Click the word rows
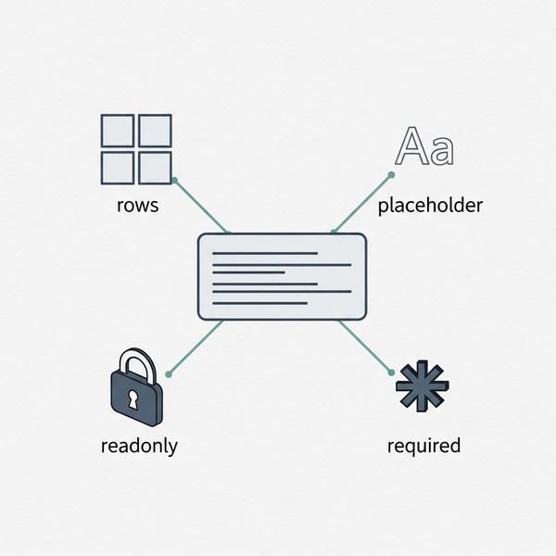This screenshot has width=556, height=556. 137,206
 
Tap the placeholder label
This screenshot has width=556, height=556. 430,206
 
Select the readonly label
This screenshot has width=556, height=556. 139,446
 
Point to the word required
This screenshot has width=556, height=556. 423,446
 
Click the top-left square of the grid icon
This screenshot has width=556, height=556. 118,131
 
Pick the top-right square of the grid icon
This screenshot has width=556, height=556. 156,131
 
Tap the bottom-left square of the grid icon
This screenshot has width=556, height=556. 118,168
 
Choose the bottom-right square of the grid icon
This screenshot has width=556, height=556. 156,168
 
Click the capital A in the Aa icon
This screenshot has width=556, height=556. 412,146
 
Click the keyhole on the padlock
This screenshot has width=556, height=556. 133,399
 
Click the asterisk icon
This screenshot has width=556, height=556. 422,385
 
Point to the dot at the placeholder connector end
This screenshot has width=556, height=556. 391,175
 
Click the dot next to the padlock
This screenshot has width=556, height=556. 169,374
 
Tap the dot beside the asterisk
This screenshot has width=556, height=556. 391,373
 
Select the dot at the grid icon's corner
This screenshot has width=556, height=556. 174,181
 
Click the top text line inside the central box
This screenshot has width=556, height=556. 265,253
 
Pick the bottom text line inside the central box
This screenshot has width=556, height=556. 259,303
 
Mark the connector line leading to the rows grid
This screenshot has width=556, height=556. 201,207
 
